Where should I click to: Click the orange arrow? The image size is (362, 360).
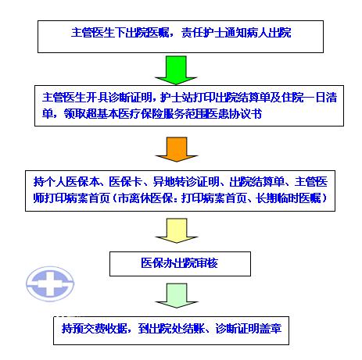tap(177, 149)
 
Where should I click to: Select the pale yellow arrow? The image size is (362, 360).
tap(177, 230)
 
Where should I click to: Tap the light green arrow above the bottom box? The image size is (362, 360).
tap(177, 296)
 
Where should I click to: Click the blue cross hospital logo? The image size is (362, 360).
tap(50, 283)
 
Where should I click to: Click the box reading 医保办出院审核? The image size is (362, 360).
tap(180, 264)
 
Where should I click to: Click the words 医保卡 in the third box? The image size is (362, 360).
tap(125, 181)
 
